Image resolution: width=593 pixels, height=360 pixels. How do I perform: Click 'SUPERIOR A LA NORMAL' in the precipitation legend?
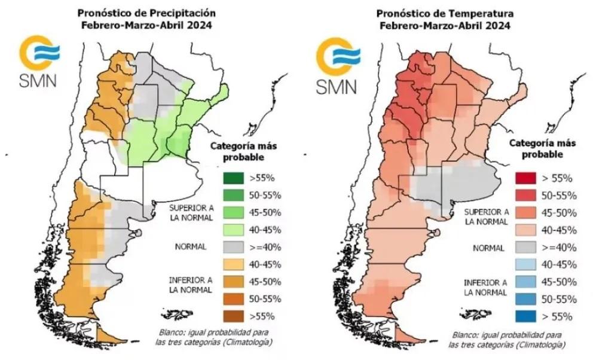point(190,212)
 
